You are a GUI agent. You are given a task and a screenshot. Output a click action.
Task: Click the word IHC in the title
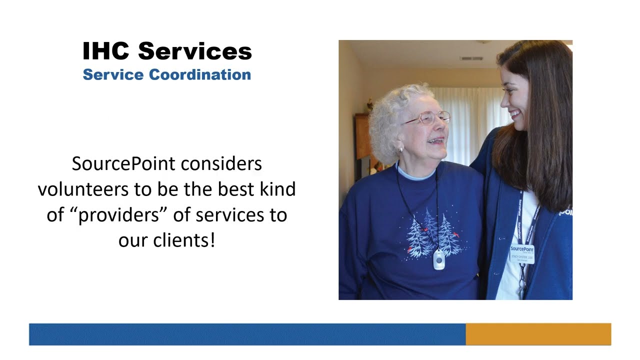click(106, 51)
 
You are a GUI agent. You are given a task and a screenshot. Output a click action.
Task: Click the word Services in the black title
click(195, 51)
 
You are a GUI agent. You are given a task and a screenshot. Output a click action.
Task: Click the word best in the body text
click(236, 189)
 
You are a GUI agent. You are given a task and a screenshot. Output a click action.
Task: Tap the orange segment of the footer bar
click(538, 334)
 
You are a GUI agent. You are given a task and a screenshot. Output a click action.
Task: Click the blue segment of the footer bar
click(247, 334)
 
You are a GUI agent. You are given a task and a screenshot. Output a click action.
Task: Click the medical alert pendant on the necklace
click(438, 259)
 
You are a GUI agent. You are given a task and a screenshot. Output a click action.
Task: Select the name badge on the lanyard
click(522, 253)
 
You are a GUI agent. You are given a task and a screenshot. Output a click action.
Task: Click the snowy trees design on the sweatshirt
click(433, 234)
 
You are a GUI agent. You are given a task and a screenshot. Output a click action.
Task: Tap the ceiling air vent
click(471, 58)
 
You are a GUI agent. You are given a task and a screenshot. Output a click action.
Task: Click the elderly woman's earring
click(400, 149)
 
